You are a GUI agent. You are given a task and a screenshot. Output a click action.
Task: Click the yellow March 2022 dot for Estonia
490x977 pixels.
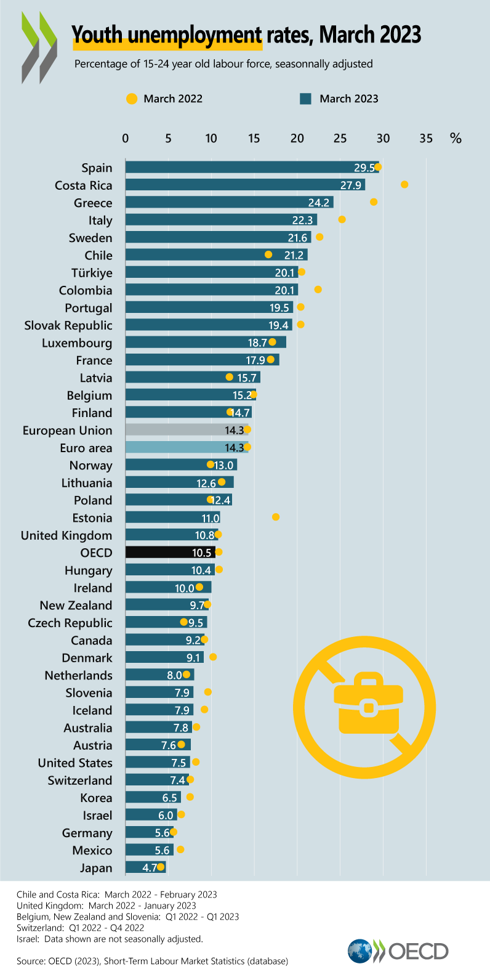coord(276,517)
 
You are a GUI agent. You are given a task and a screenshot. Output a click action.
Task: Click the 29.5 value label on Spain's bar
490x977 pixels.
coord(364,168)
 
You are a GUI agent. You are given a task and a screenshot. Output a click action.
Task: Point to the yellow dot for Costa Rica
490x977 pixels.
coord(404,185)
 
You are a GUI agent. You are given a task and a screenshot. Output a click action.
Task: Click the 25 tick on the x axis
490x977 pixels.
coord(340,138)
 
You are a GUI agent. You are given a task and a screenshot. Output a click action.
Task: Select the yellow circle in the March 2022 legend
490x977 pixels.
coord(131,99)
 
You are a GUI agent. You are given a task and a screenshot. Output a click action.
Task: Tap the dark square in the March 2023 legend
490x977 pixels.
coord(305,99)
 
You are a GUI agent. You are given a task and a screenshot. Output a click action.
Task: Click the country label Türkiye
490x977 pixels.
coord(92,273)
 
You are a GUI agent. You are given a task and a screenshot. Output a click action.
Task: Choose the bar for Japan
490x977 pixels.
coord(145,867)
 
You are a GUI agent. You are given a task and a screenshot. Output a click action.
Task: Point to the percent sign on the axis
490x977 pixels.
coord(456,138)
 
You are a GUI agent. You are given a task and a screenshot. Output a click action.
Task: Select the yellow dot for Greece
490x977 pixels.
coord(374,202)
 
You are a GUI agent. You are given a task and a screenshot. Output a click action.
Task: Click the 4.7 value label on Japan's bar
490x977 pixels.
coord(150,868)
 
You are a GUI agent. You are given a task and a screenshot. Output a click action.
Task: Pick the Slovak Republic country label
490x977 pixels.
coord(68,325)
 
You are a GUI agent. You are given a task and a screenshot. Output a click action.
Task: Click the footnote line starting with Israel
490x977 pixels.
coord(110,939)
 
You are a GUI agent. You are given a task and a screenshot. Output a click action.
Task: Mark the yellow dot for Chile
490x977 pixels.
coord(268,254)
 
